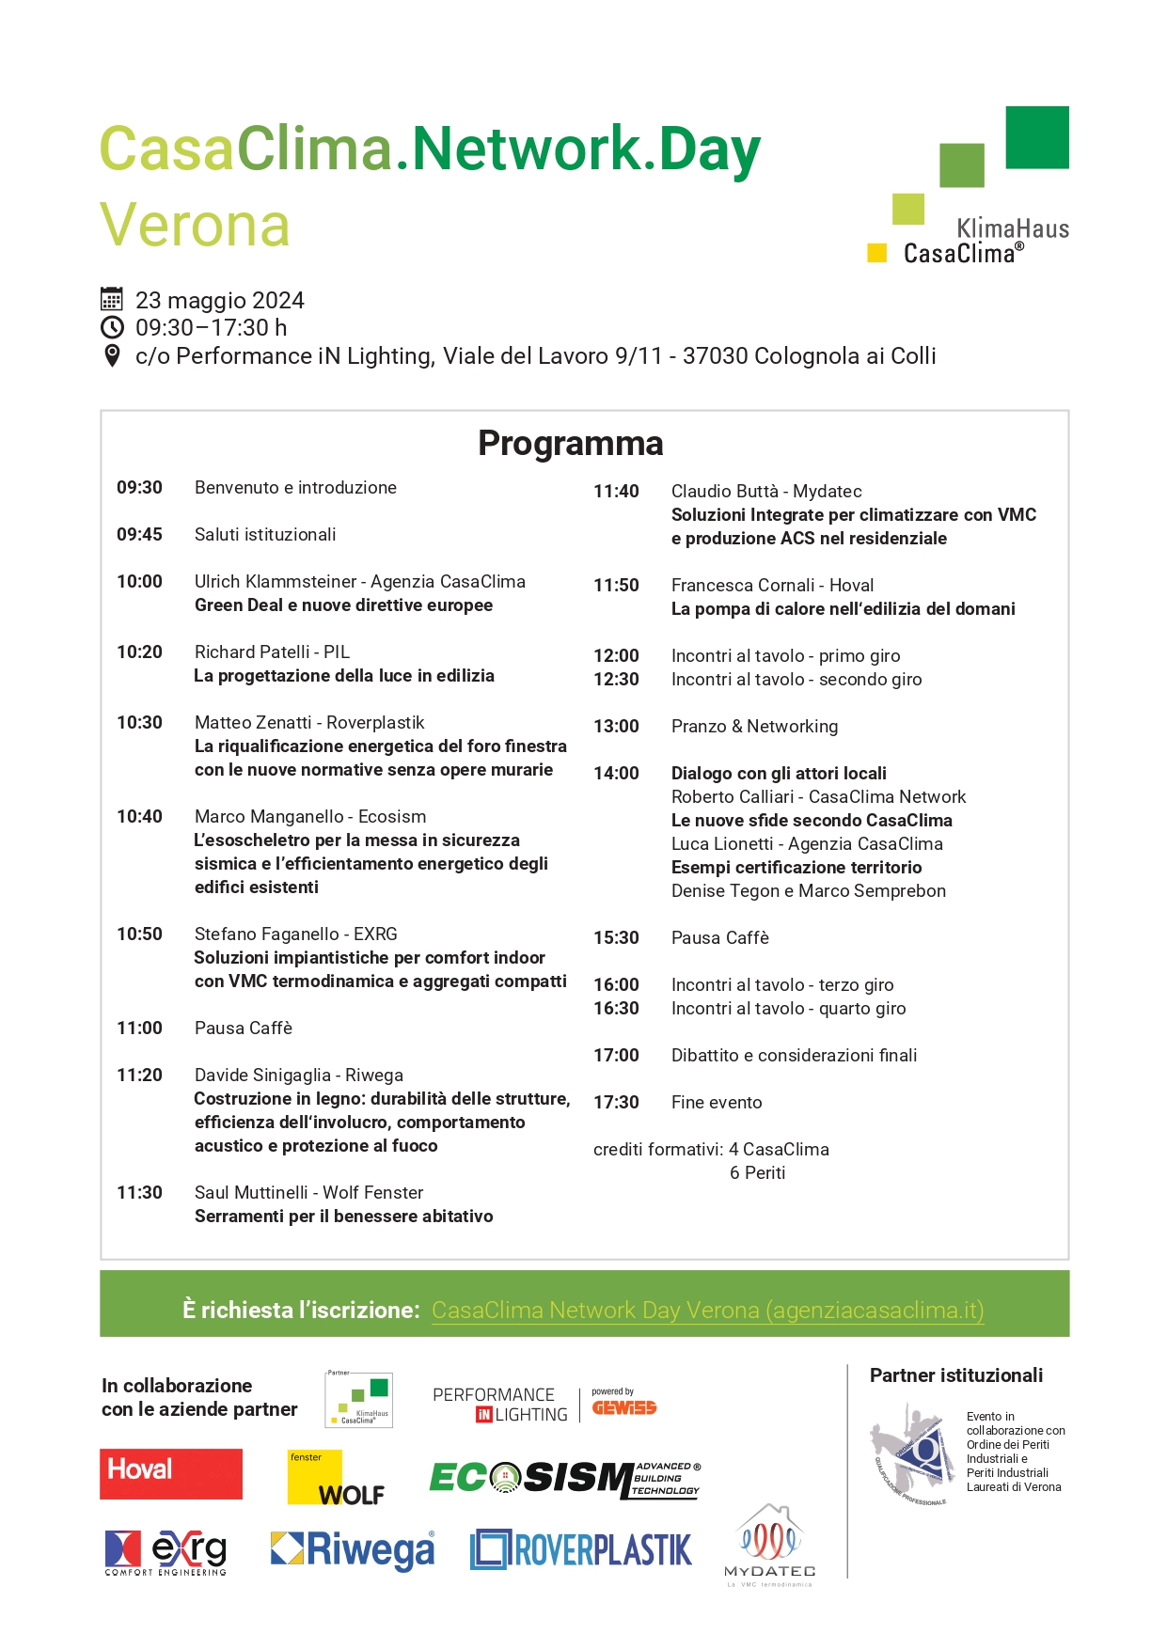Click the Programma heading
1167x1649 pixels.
570,444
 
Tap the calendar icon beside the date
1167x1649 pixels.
112,300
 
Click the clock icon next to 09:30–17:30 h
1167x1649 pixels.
112,327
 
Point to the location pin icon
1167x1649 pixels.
112,355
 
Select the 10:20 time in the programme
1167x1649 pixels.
139,652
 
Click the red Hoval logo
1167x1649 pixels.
171,1473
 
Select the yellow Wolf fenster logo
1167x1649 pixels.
336,1478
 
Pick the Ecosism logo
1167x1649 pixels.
564,1479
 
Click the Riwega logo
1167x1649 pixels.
353,1549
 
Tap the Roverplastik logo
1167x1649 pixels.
581,1549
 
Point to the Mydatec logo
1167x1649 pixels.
769,1545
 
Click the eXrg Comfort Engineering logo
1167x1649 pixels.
166,1551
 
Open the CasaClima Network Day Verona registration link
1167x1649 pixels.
707,1310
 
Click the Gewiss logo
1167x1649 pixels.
623,1407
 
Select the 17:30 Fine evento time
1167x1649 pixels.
616,1102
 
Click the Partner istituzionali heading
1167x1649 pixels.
955,1375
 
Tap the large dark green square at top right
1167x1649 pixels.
1036,137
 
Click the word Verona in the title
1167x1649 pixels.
195,225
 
